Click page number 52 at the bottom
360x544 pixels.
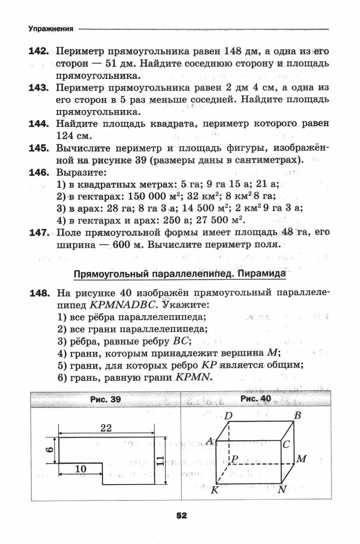click(x=181, y=515)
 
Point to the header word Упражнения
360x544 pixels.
click(x=51, y=29)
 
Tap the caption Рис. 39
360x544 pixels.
click(x=105, y=399)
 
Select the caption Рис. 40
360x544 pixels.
click(x=256, y=399)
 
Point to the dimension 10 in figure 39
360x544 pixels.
click(x=80, y=469)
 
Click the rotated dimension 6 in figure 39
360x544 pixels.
click(x=49, y=450)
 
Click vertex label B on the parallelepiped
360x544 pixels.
click(x=297, y=415)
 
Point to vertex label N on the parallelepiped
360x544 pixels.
click(x=282, y=490)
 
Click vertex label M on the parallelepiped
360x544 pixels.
click(x=301, y=459)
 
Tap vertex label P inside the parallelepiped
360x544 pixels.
click(x=235, y=459)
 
